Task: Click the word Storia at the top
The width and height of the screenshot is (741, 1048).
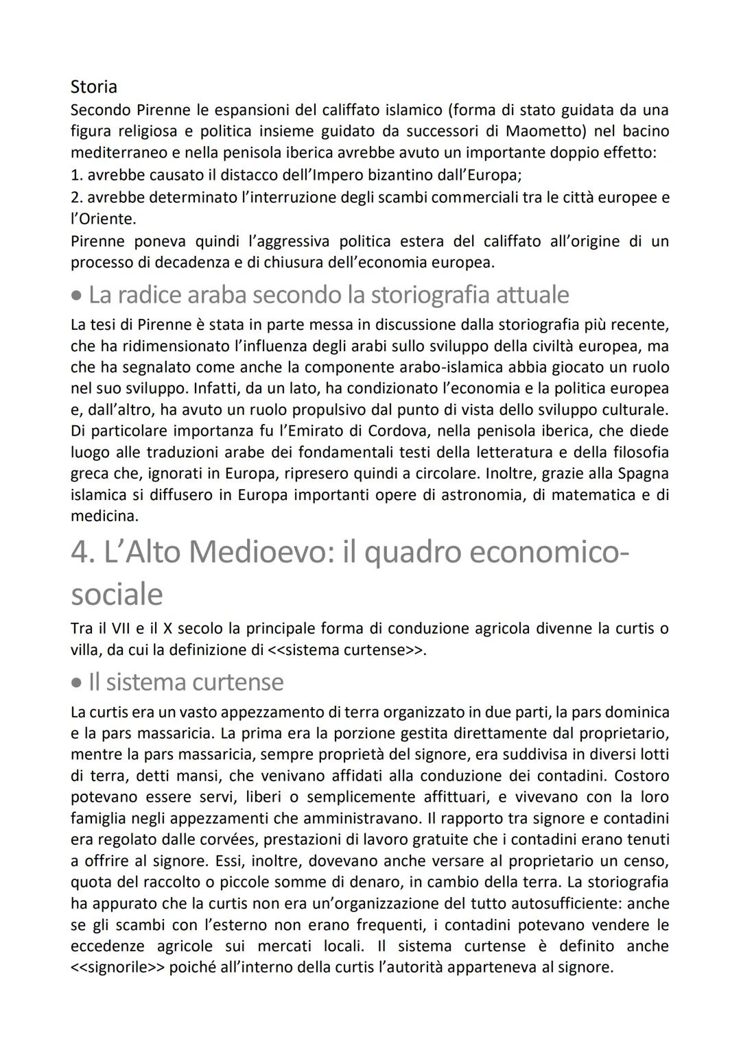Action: click(x=94, y=87)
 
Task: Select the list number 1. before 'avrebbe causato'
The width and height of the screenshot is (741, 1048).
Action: click(x=76, y=174)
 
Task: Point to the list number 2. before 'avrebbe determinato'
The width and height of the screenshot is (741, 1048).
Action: click(x=76, y=198)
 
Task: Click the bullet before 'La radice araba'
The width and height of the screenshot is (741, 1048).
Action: click(x=77, y=296)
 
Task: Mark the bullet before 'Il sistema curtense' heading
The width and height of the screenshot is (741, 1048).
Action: click(x=77, y=683)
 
